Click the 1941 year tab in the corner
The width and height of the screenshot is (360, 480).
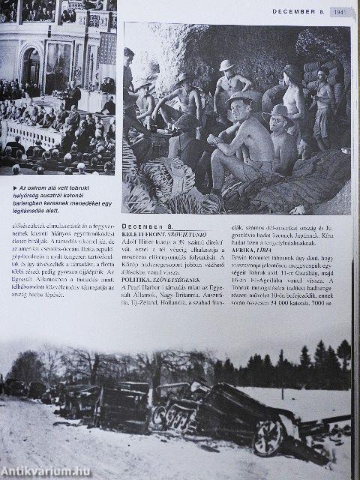coord(340,10)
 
